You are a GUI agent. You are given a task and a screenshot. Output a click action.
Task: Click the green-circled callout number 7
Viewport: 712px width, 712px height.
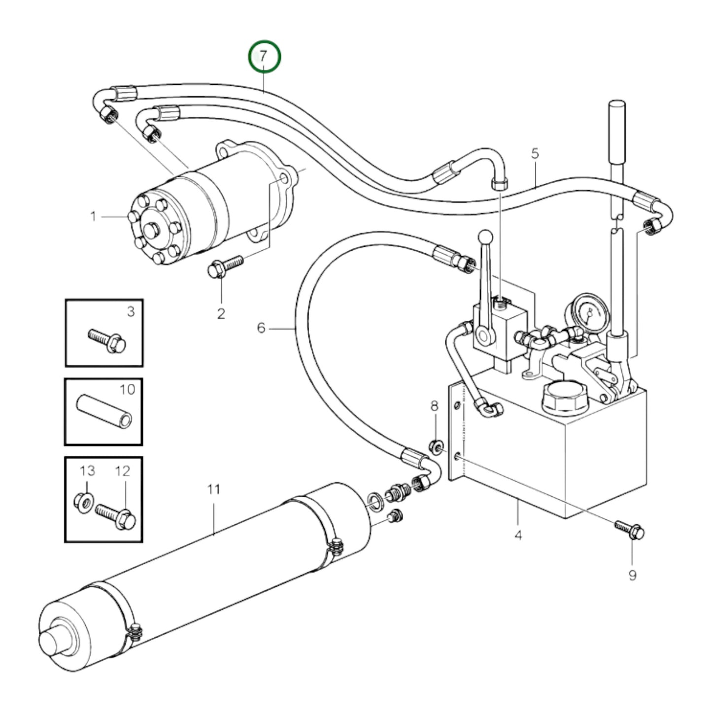[265, 57]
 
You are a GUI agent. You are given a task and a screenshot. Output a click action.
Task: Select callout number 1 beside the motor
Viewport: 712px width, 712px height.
[94, 216]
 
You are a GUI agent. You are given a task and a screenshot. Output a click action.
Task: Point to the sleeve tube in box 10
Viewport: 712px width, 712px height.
[104, 413]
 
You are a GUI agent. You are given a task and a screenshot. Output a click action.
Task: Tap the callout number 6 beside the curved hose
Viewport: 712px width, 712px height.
[261, 328]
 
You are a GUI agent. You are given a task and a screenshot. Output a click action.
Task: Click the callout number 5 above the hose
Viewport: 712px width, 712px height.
[536, 153]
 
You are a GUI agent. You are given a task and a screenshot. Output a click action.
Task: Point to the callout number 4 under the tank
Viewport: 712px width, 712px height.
[518, 535]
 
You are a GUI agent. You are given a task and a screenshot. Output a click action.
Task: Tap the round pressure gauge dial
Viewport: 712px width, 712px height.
[587, 311]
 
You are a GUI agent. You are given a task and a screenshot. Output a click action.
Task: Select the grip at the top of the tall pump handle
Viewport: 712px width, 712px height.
[617, 132]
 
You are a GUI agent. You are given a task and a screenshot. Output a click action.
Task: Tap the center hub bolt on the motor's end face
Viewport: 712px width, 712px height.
[153, 230]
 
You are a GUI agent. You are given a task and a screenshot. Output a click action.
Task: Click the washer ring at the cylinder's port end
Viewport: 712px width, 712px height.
[377, 502]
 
